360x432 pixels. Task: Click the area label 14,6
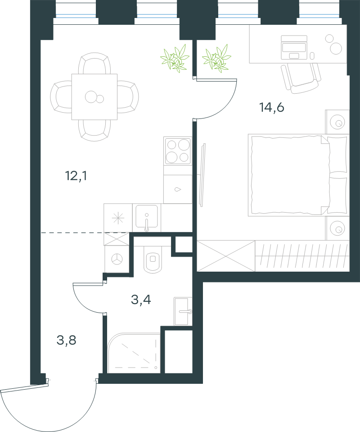click(272, 107)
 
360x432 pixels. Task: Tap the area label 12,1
click(76, 176)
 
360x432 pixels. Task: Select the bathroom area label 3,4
click(141, 300)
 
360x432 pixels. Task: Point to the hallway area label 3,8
click(66, 340)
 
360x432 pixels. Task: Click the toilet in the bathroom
click(153, 259)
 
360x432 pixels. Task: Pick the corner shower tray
click(134, 353)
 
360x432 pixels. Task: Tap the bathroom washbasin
click(183, 311)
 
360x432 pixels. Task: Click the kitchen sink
click(146, 218)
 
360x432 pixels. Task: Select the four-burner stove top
click(178, 151)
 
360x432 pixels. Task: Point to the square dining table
click(94, 97)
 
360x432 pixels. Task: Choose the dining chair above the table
click(94, 64)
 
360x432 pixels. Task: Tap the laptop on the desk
click(294, 47)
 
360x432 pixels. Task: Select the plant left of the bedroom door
click(175, 59)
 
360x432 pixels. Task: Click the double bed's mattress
click(289, 175)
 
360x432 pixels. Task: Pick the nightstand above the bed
click(337, 122)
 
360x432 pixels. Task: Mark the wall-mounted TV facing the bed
click(203, 175)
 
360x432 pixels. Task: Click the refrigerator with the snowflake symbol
click(118, 218)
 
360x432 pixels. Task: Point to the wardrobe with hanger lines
click(302, 256)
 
